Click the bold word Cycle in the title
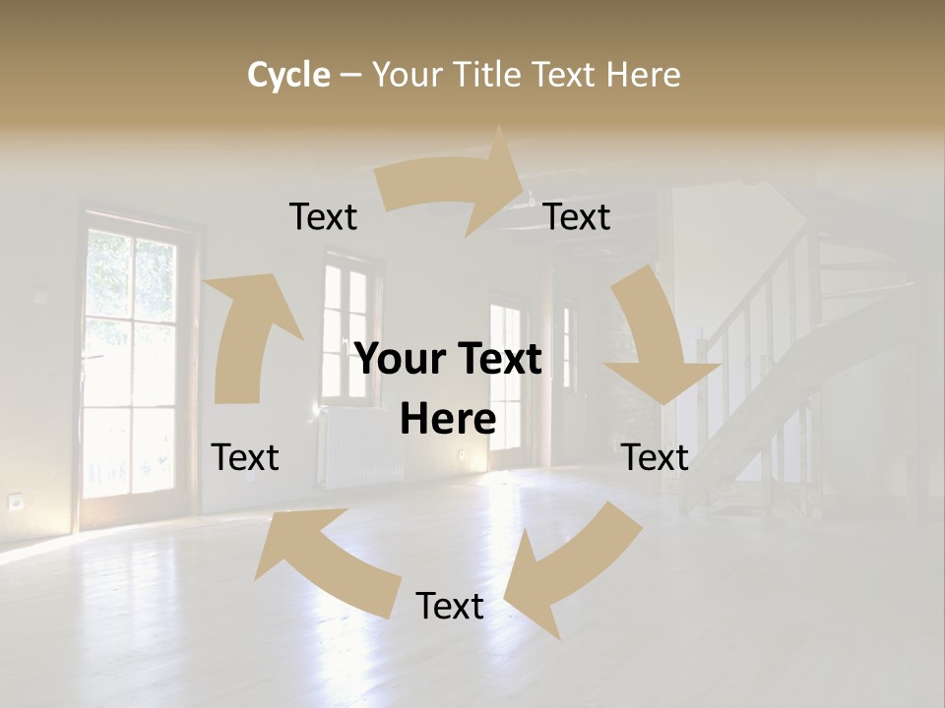pos(288,75)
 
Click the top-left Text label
pos(323,217)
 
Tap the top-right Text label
pos(577,217)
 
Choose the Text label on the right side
pos(656,457)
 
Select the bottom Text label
pos(450,606)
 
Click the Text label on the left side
pos(245,457)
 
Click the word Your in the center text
pos(400,360)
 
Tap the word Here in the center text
pos(449,420)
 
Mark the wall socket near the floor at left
pos(16,501)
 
